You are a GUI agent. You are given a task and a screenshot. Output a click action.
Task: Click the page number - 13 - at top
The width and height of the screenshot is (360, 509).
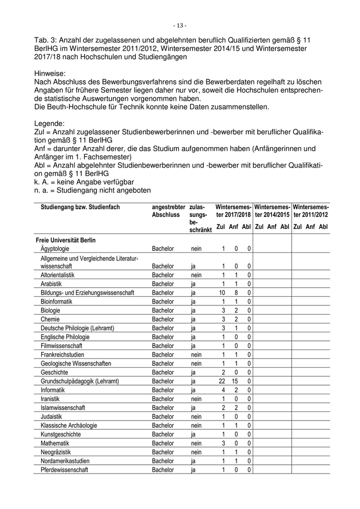pyautogui.click(x=179, y=25)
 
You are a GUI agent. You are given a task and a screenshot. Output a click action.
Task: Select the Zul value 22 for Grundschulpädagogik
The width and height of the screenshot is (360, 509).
pyautogui.click(x=222, y=381)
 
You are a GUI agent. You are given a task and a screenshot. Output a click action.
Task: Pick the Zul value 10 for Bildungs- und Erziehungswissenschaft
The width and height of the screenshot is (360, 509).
pyautogui.click(x=222, y=293)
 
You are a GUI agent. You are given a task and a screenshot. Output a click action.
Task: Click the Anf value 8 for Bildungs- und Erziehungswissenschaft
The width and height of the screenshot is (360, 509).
pyautogui.click(x=236, y=293)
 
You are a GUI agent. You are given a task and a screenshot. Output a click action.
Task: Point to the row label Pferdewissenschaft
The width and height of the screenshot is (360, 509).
pyautogui.click(x=64, y=470)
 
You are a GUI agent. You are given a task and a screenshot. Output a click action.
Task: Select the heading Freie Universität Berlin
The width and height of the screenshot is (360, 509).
pyautogui.click(x=65, y=240)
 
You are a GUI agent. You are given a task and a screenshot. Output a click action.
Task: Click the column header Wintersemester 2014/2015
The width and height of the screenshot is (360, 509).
pyautogui.click(x=273, y=210)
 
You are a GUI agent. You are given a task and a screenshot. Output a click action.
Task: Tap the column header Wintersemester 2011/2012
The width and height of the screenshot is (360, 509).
pyautogui.click(x=311, y=210)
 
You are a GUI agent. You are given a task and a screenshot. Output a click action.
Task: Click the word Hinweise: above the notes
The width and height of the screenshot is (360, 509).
pyautogui.click(x=50, y=74)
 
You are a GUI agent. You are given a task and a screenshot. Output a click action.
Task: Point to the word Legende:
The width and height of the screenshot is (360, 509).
pyautogui.click(x=49, y=123)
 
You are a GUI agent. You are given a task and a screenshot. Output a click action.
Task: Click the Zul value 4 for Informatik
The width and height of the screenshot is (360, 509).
pyautogui.click(x=224, y=390)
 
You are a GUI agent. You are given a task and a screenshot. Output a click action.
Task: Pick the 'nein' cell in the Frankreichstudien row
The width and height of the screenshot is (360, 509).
pyautogui.click(x=196, y=355)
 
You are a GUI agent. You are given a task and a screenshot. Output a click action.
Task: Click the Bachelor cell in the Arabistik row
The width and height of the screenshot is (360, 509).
pyautogui.click(x=163, y=284)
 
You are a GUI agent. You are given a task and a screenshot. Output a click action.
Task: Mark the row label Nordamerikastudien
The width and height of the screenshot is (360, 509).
pyautogui.click(x=65, y=461)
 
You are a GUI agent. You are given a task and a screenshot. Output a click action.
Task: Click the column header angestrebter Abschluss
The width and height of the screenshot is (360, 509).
pyautogui.click(x=168, y=210)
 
